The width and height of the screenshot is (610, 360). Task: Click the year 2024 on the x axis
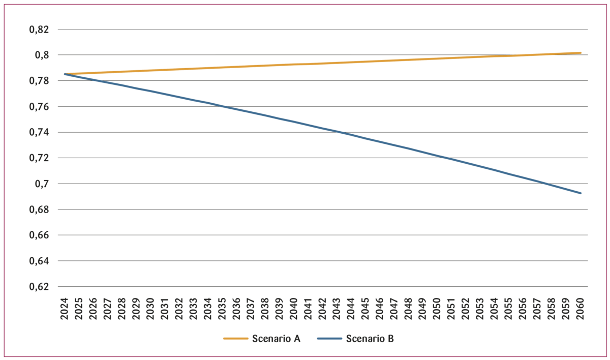click(x=65, y=310)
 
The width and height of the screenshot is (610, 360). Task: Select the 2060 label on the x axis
click(x=581, y=310)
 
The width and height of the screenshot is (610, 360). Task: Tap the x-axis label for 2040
click(x=294, y=310)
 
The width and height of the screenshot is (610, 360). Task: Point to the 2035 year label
click(x=222, y=310)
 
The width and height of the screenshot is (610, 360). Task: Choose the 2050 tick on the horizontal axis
click(x=437, y=310)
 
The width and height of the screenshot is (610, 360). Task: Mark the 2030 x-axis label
click(x=150, y=310)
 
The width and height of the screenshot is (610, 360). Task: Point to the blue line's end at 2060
click(x=581, y=193)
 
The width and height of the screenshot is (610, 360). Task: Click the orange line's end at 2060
click(x=581, y=53)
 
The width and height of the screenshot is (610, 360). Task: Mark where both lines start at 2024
click(x=65, y=74)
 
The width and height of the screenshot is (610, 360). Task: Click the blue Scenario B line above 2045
click(x=365, y=137)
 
